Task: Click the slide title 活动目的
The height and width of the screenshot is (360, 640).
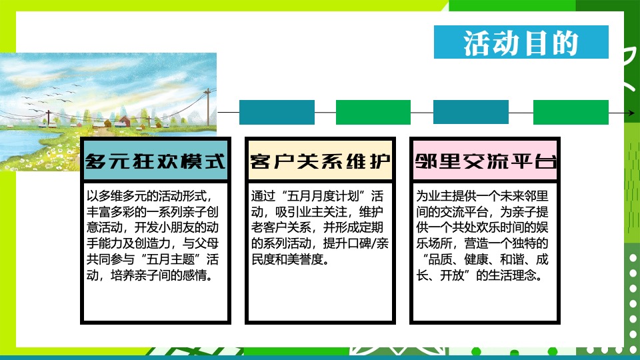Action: click(521, 43)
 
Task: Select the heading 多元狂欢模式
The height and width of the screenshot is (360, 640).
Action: click(155, 161)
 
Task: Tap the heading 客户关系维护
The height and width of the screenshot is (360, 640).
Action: click(320, 161)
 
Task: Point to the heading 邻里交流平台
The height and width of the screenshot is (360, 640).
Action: click(485, 161)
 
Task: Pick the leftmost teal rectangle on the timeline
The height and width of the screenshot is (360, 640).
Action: click(277, 113)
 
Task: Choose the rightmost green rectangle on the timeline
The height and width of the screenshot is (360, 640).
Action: click(571, 113)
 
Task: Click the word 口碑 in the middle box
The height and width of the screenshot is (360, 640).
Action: click(357, 243)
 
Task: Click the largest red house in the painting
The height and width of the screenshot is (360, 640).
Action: click(123, 122)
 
